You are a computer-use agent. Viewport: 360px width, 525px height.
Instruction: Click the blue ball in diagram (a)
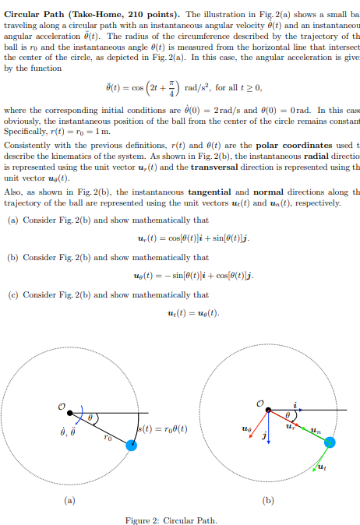pos(132,445)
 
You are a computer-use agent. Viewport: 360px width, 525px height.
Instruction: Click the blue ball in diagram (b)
pos(330,442)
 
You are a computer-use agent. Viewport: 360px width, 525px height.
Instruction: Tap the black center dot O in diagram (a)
pos(70,412)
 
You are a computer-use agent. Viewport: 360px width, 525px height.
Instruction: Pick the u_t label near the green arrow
pos(321,468)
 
